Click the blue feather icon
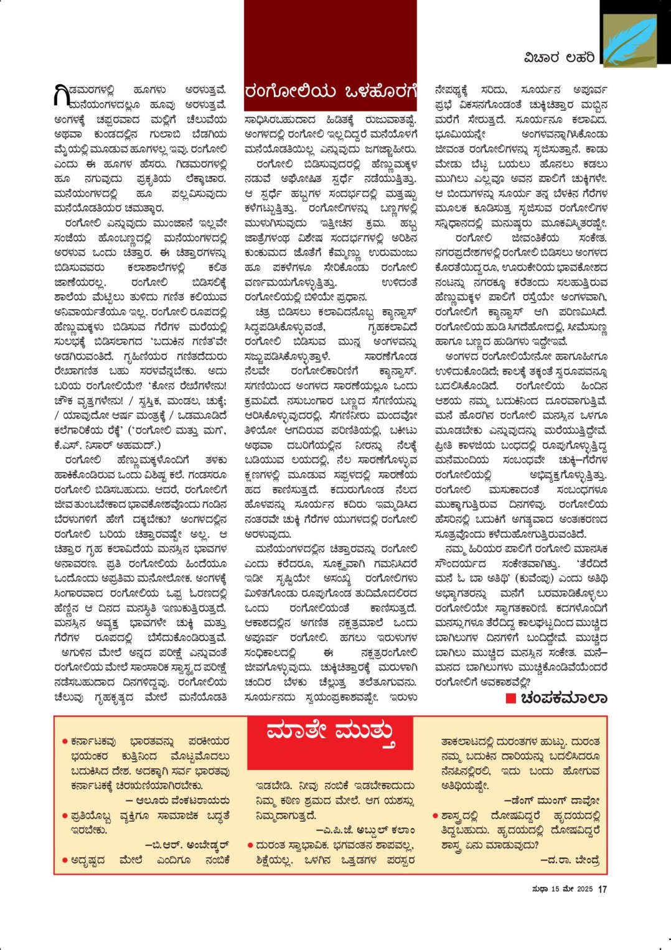coord(629,41)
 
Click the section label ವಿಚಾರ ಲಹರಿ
coord(559,58)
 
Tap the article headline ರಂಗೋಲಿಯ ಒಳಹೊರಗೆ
coord(330,92)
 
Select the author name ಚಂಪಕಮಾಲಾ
coord(563,698)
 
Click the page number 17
coord(602,889)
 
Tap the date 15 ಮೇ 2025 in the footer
coord(571,889)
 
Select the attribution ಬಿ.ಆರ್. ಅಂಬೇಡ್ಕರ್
coord(187,845)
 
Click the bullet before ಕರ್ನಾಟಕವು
coord(65,742)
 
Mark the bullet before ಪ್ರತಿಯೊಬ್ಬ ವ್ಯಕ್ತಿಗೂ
coord(65,816)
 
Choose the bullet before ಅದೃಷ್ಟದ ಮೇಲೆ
coord(65,860)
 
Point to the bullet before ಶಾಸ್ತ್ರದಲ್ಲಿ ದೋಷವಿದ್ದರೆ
coord(435,816)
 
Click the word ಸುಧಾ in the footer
coord(540,889)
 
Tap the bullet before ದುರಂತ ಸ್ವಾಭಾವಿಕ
coord(250,846)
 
